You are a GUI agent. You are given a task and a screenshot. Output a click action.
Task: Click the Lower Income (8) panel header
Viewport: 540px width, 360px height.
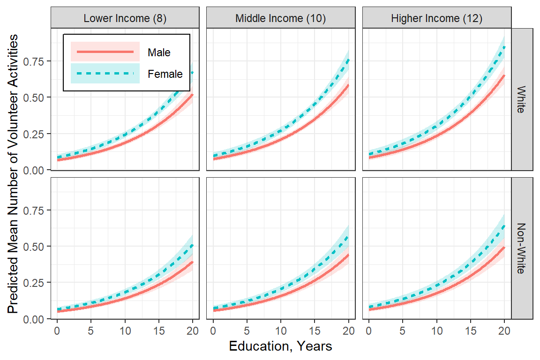tap(125, 18)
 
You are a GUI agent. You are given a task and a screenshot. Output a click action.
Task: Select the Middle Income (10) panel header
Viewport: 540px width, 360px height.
tap(280, 18)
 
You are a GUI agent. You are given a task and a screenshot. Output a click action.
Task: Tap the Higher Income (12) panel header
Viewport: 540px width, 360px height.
tap(436, 18)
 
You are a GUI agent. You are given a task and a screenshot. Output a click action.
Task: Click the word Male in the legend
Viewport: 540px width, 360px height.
tap(159, 52)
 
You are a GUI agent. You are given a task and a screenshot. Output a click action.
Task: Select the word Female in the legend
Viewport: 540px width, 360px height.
tap(165, 74)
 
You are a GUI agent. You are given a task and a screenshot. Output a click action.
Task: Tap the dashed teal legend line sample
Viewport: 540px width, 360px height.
tap(105, 73)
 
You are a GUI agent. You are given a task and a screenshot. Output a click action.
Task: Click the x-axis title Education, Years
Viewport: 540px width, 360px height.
tap(280, 346)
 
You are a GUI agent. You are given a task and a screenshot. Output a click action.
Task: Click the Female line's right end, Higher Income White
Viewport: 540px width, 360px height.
tap(504, 46)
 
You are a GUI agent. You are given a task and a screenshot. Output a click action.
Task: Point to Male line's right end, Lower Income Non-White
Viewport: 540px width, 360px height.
tap(193, 262)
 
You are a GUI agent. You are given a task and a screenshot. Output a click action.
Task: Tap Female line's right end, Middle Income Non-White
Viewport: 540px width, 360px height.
tap(349, 237)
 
